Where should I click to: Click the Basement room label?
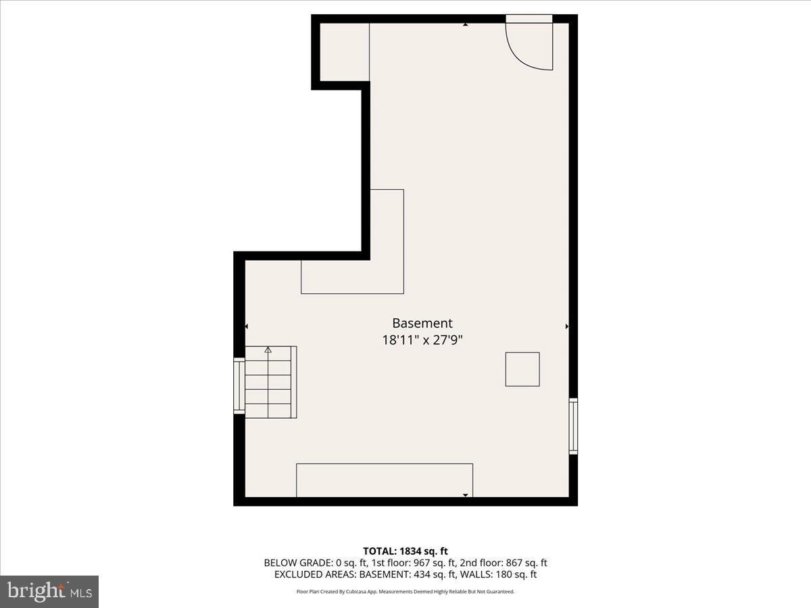coord(422,324)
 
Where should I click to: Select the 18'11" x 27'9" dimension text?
coord(422,340)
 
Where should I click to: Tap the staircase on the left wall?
coord(270,382)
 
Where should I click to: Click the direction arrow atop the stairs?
coord(268,350)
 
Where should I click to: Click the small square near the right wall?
coord(522,369)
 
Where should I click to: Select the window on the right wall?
coord(573,426)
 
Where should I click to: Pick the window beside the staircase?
coord(239,385)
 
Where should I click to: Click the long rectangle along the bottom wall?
coord(384,480)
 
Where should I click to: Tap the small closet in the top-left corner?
coord(344,52)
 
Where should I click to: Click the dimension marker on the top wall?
coord(466,25)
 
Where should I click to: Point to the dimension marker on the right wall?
coord(566,326)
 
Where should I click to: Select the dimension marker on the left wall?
coord(247,326)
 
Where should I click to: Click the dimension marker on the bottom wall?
coord(466,495)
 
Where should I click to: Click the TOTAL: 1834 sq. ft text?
coord(405,551)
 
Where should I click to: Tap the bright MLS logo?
coord(49,591)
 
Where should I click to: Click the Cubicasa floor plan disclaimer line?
coord(405,591)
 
